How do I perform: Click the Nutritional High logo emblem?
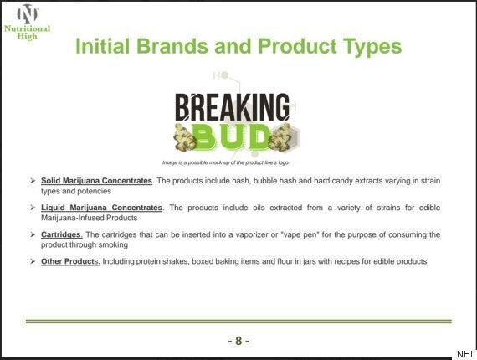28,14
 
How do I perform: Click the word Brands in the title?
172,46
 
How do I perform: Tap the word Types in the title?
372,47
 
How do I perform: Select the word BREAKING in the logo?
233,107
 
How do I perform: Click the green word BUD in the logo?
232,137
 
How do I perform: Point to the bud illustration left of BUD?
184,137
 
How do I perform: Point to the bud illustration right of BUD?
280,137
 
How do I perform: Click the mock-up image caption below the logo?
225,162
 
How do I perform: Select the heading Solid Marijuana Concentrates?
97,181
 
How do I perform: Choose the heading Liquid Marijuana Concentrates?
101,208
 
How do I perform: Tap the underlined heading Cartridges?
61,234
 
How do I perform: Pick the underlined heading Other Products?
70,261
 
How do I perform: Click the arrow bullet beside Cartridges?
33,234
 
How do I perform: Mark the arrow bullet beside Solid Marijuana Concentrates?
33,181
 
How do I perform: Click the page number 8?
238,341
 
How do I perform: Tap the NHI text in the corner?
464,354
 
